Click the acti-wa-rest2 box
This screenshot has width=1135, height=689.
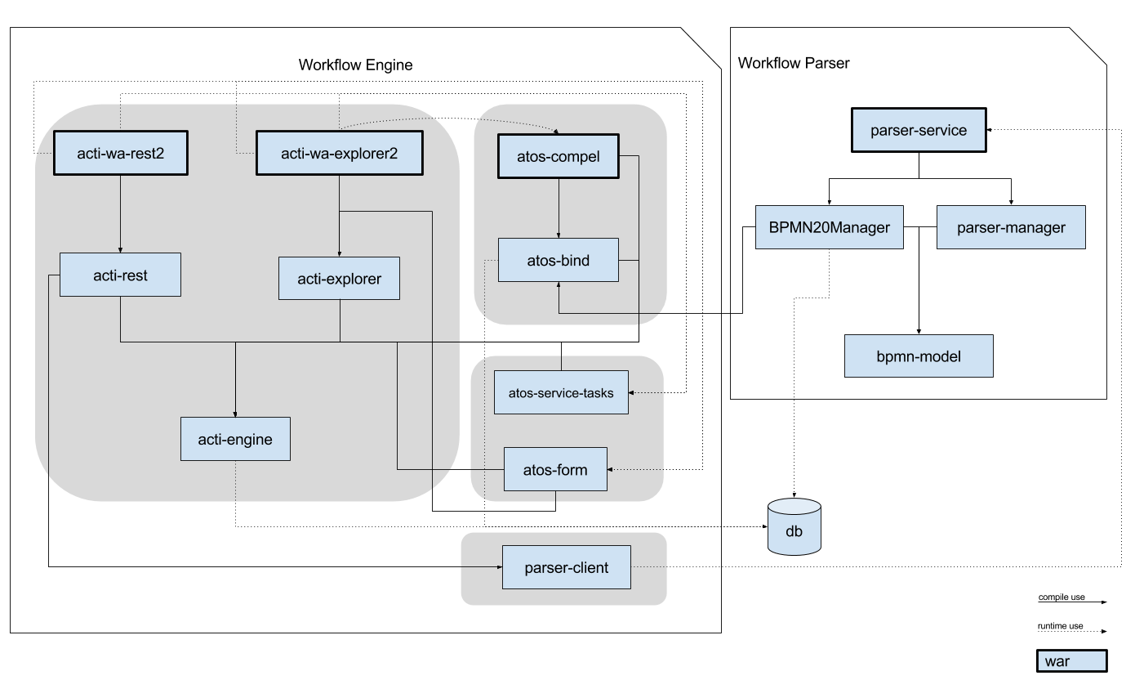click(121, 153)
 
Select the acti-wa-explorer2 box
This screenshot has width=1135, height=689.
click(340, 153)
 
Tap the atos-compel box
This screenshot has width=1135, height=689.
click(559, 155)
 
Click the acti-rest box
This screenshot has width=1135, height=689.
click(120, 275)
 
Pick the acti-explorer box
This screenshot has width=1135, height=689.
click(339, 279)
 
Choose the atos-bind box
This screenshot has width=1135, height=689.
click(559, 261)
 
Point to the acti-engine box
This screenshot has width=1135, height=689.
click(235, 440)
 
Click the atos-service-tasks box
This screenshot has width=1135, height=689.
click(561, 392)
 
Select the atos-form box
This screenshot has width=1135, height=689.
click(555, 469)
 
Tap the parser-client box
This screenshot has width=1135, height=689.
click(567, 567)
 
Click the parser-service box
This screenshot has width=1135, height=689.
click(919, 130)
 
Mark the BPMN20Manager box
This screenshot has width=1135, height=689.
click(829, 227)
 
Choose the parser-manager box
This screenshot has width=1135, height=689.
click(1011, 227)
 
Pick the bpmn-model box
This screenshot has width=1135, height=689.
click(919, 356)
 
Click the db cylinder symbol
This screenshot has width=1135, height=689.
click(794, 528)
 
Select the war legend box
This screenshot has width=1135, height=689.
click(1071, 661)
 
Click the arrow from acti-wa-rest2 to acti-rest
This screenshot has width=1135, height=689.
click(121, 213)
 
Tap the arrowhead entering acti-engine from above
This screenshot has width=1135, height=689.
click(235, 413)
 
